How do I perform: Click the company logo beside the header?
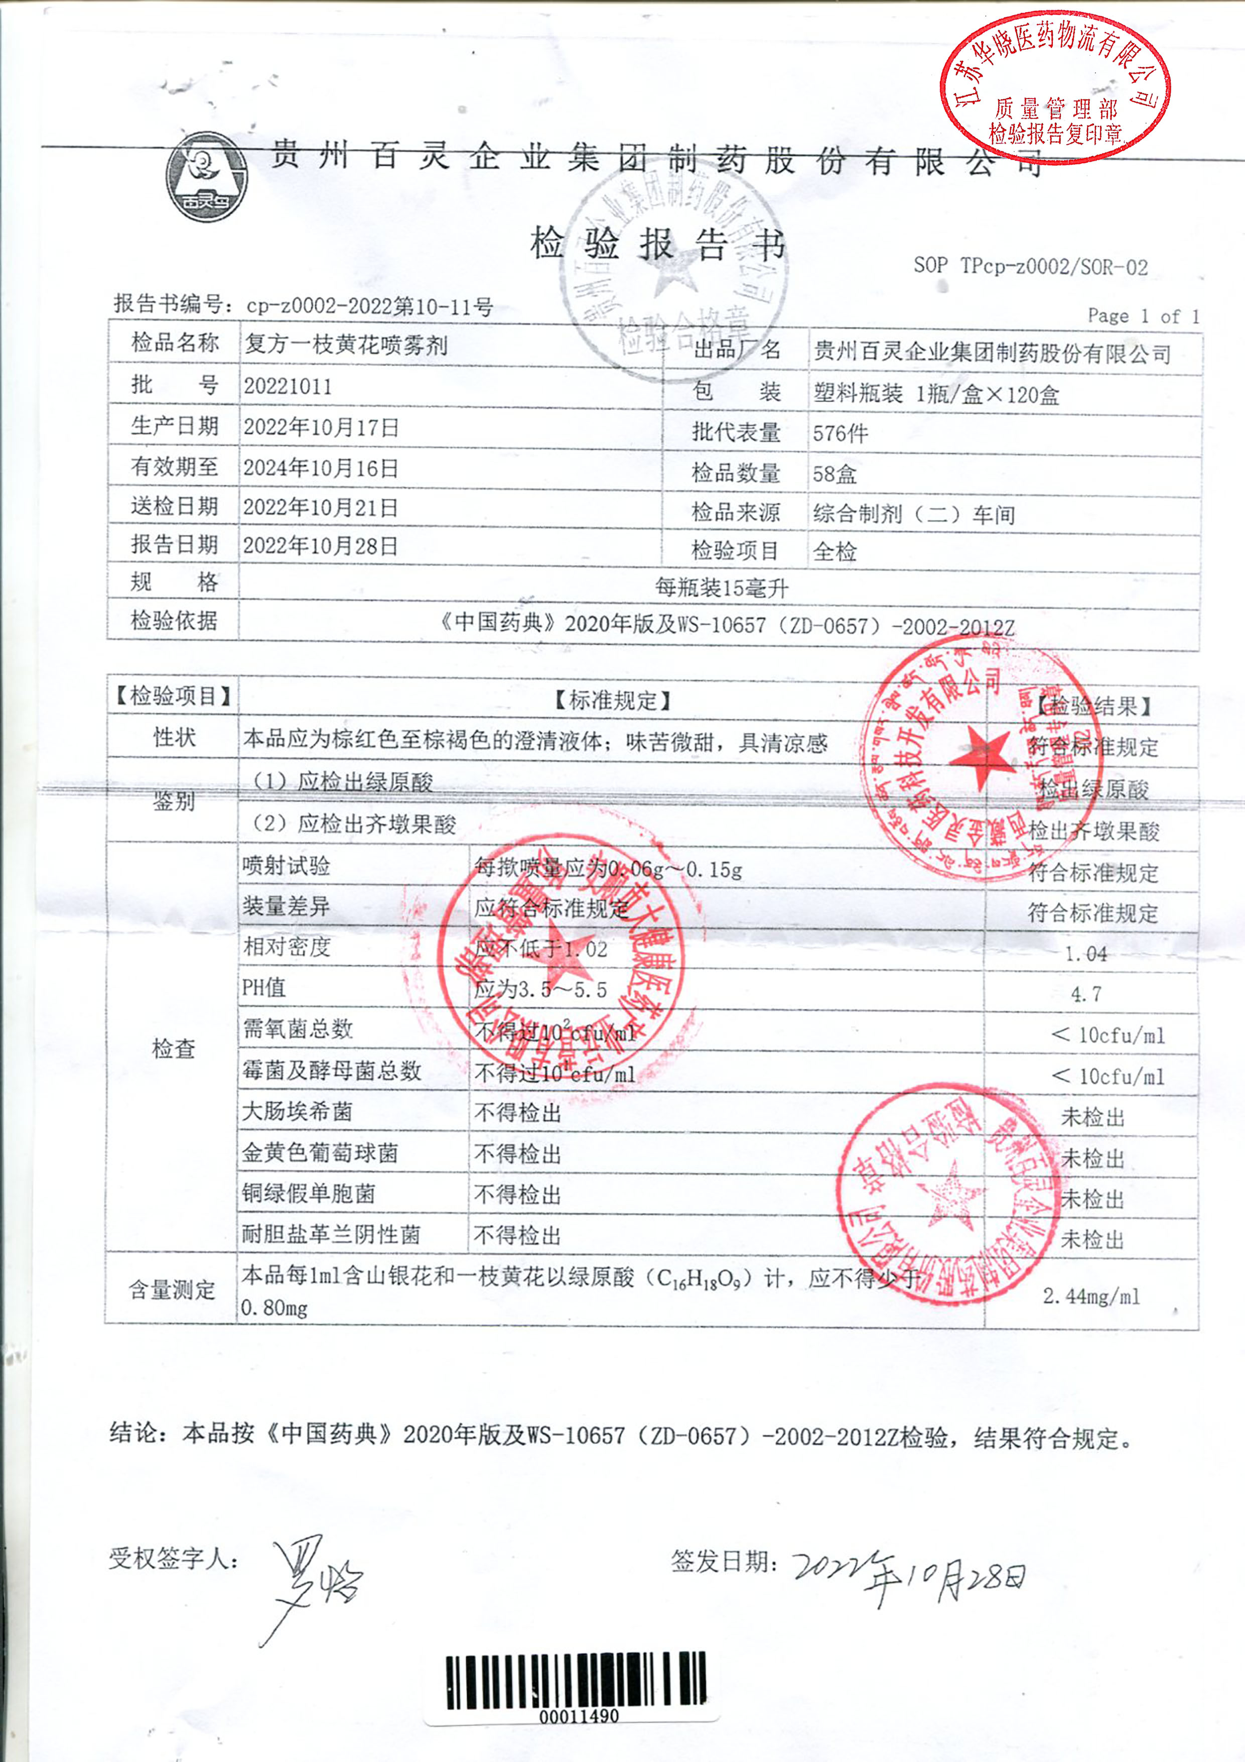tap(206, 177)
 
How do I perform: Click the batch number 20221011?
tap(288, 386)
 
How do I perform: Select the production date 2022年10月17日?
tap(321, 427)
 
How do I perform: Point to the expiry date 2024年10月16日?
tap(321, 468)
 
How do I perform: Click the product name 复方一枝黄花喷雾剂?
tap(345, 345)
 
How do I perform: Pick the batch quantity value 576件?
tap(840, 433)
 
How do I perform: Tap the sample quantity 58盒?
tap(835, 474)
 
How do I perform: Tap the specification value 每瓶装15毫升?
tap(721, 588)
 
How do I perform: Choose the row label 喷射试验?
tap(286, 866)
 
